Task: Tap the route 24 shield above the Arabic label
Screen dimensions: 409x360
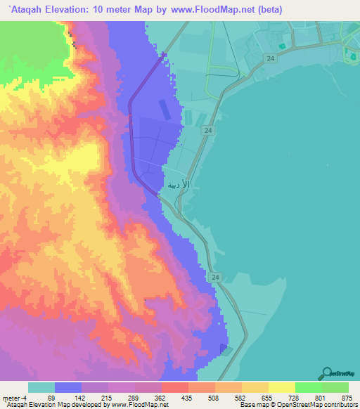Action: coord(209,131)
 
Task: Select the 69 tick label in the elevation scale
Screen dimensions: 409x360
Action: coord(51,397)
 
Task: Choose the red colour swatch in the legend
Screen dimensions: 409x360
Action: coord(174,387)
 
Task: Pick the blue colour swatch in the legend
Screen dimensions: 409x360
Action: coord(67,387)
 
